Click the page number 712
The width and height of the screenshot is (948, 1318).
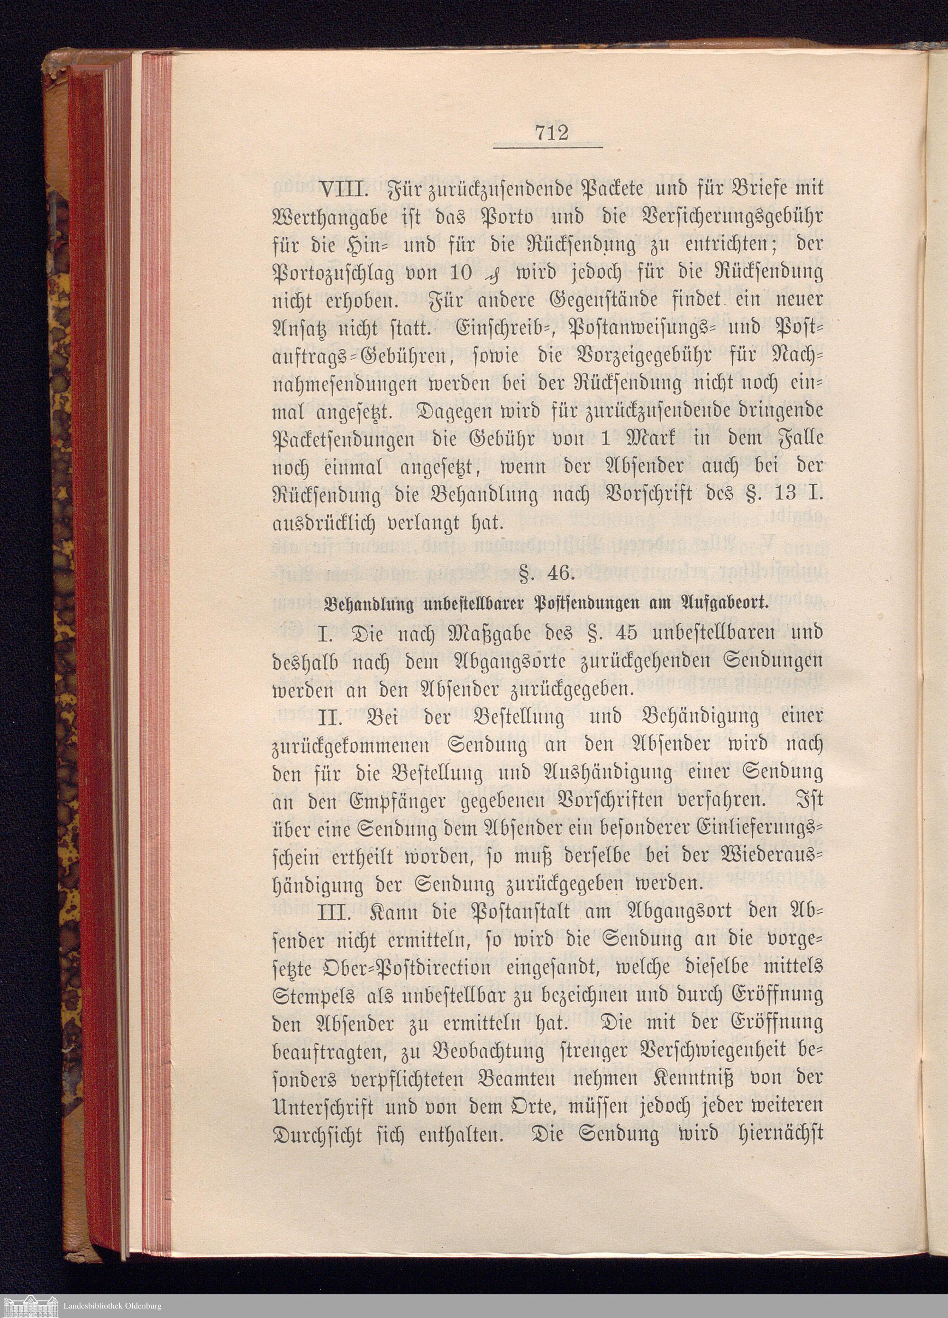[547, 134]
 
